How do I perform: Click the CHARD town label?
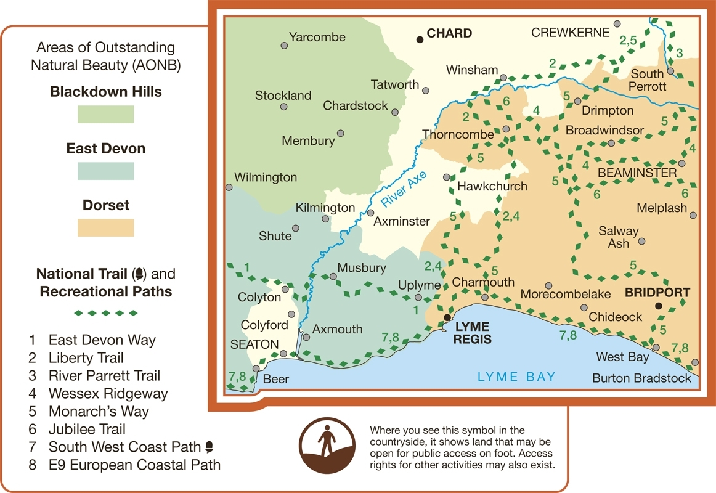449,34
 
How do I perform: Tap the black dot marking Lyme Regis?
447,317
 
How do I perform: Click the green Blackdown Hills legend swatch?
105,114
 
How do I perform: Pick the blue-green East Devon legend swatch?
105,171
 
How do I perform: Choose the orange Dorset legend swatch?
105,227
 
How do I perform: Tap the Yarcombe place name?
317,37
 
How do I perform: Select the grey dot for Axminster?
371,213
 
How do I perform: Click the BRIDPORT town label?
657,293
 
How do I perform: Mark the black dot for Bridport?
658,306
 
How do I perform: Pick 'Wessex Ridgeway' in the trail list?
108,394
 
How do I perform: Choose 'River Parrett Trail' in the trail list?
104,376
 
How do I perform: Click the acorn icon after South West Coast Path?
210,446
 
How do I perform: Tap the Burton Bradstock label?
641,378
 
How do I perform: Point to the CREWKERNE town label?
570,33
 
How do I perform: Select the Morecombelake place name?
566,295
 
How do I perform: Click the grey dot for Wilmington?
229,187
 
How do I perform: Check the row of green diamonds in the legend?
105,313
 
